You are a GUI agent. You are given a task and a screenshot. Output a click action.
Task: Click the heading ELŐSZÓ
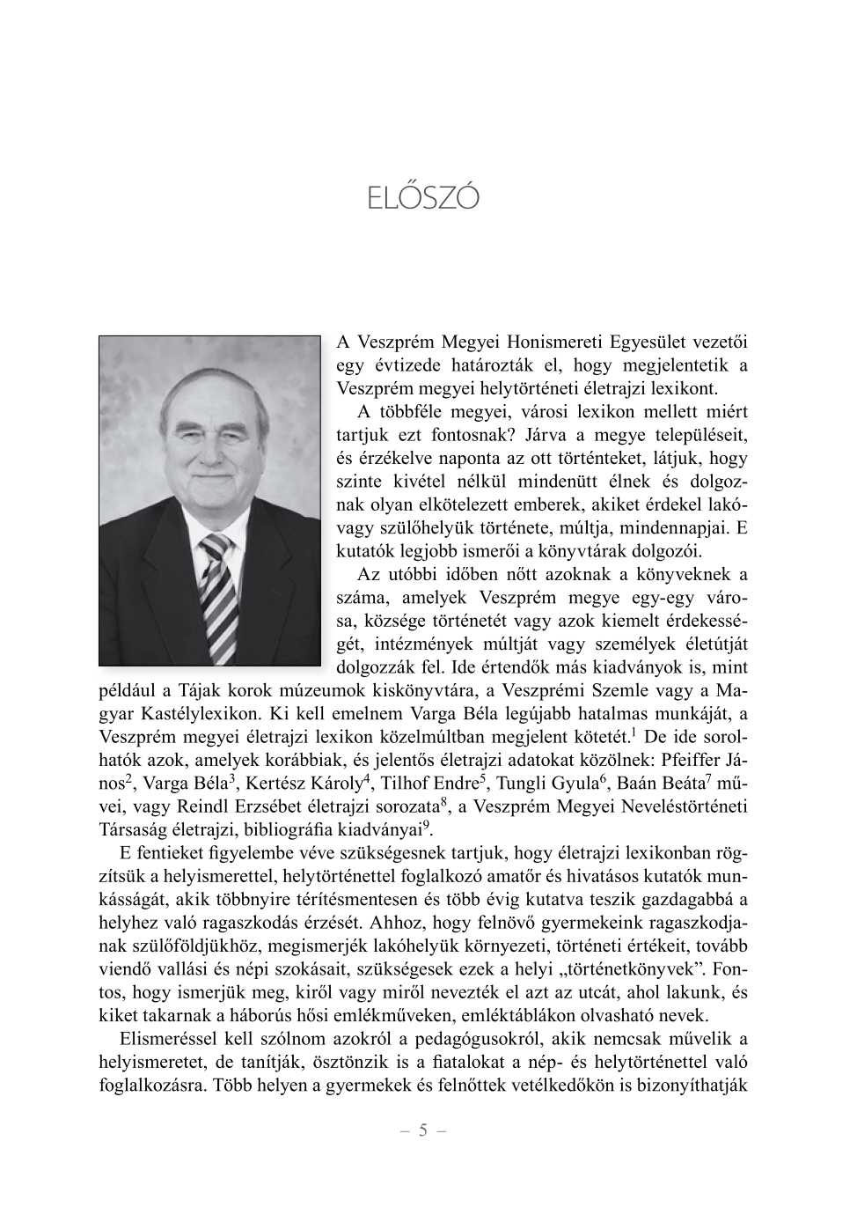pos(423,197)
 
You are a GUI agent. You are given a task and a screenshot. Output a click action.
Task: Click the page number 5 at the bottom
pos(423,1130)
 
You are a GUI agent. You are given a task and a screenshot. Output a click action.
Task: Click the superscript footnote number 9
pos(427,825)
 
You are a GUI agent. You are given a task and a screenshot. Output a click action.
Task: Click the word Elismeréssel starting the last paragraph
pos(166,1039)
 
